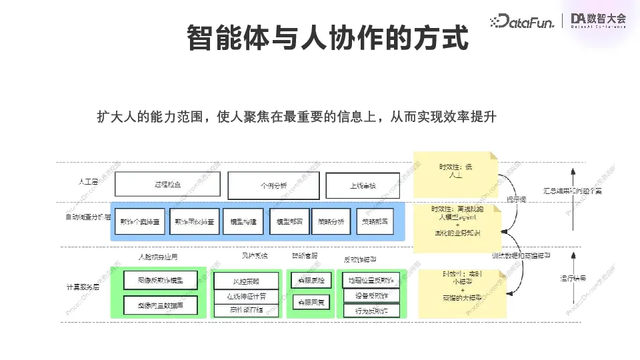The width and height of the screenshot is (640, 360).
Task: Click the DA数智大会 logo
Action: (598, 21)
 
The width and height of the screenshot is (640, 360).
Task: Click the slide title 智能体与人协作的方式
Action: (327, 38)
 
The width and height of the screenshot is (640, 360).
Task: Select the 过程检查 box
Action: (167, 185)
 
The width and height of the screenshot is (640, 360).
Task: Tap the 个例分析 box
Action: (273, 185)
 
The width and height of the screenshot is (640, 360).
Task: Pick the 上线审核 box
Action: (363, 185)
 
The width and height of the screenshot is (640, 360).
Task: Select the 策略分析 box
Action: (331, 221)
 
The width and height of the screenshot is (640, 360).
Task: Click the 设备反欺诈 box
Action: (371, 295)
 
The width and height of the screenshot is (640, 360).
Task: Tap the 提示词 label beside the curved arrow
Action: (516, 199)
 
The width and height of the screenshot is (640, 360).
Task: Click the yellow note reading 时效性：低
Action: (455, 171)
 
